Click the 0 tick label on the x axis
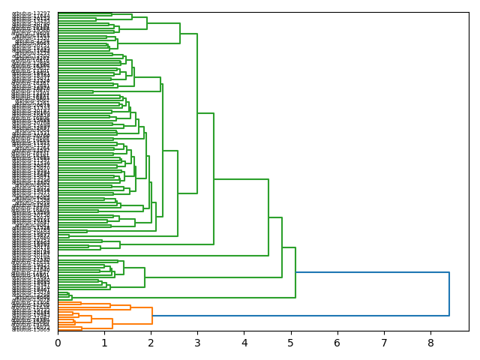coord(58,343)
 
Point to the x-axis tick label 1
coord(104,343)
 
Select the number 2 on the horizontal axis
coord(151,343)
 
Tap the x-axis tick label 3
coord(197,343)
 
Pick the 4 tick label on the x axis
coord(244,343)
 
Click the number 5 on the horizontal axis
coord(291,343)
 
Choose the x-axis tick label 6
coord(337,343)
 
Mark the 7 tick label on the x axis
coord(384,343)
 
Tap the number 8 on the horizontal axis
coord(430,343)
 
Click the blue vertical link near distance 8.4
coord(449,294)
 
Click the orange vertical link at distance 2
coord(152,316)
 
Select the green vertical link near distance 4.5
coord(268,217)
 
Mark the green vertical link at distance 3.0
coord(197,112)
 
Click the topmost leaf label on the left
coord(31,13)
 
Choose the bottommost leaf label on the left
coord(31,329)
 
